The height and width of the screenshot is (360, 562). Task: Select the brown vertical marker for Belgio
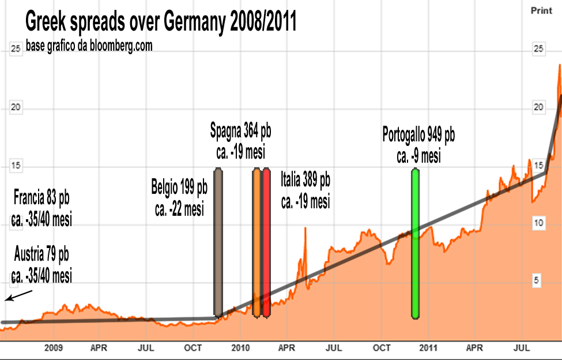(218, 242)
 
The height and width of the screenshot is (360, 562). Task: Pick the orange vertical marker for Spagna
(257, 242)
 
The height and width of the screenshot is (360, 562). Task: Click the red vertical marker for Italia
(266, 242)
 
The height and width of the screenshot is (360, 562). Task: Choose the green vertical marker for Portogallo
(415, 242)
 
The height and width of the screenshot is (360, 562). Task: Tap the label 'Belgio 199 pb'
(179, 188)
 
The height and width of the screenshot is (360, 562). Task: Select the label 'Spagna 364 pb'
(240, 132)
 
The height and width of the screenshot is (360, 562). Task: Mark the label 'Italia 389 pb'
(305, 180)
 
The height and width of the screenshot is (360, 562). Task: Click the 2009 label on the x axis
(53, 348)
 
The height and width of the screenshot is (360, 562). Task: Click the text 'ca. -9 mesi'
(418, 156)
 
